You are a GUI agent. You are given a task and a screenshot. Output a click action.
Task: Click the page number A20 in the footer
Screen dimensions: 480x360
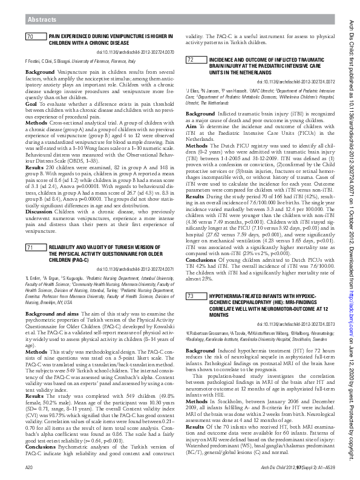(x=28, y=469)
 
